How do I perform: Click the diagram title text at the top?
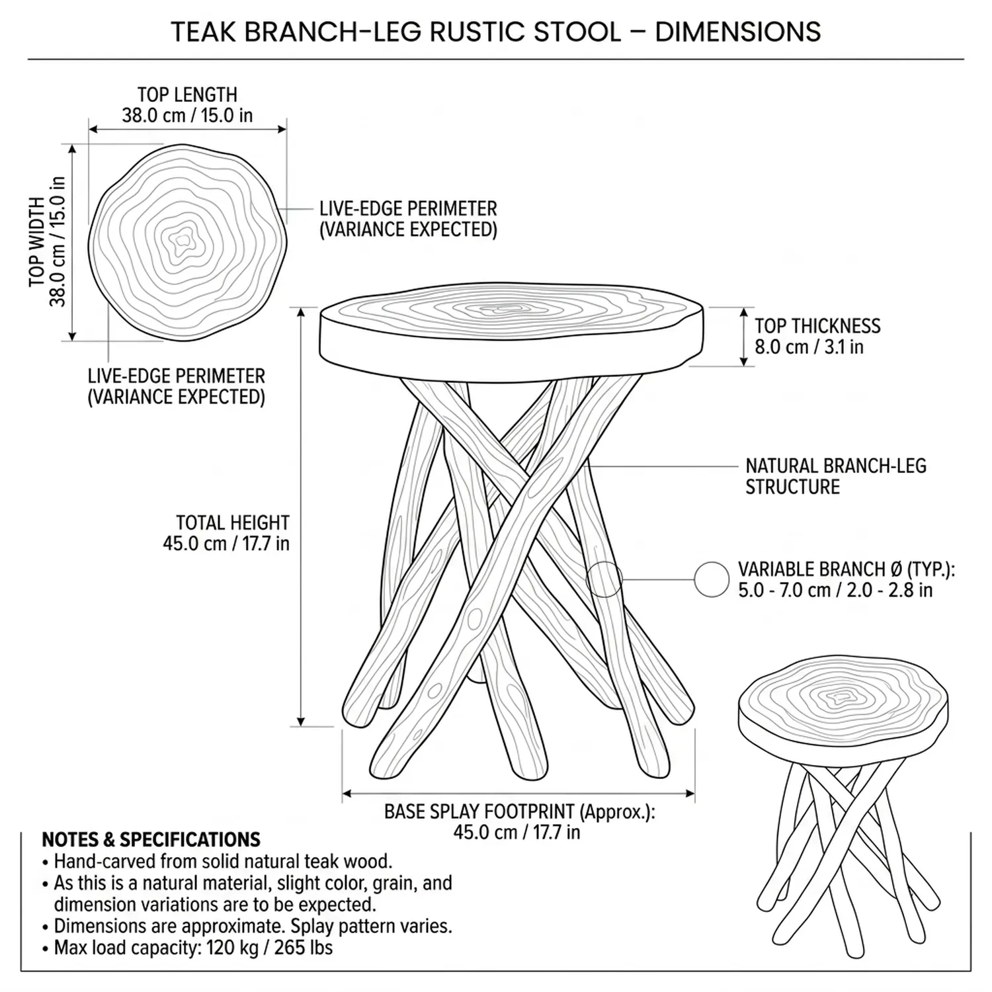pos(496,31)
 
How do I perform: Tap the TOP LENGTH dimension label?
pos(187,105)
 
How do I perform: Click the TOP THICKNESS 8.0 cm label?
pos(817,336)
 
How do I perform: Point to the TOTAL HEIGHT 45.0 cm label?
pos(226,533)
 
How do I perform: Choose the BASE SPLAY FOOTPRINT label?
pos(518,821)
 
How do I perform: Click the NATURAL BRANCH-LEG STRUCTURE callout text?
pos(835,476)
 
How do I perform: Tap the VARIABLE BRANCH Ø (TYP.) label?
pos(846,579)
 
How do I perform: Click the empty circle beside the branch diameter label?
pos(712,580)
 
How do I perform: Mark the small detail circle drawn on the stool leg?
pos(604,578)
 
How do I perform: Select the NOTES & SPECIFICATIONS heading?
pos(151,840)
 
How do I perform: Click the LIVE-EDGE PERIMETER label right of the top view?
pos(408,219)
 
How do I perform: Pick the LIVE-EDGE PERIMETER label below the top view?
pos(177,386)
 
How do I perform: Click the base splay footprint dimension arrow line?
pos(518,794)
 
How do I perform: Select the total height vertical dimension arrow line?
pos(302,516)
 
